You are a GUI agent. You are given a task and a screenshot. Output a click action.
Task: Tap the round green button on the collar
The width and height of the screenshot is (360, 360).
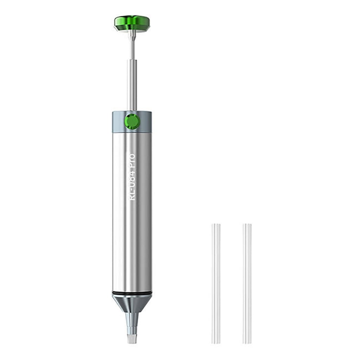132,121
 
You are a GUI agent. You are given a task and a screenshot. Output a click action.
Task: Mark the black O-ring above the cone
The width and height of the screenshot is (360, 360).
132,293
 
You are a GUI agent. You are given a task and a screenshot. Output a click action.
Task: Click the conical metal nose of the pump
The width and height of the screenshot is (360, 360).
132,302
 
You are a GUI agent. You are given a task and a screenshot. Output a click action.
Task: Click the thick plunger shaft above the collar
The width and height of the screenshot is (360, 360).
132,84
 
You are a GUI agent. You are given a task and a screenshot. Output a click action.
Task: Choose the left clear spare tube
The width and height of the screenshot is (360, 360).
216,283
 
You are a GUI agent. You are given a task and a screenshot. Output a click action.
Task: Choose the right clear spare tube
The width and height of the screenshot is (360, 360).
247,283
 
